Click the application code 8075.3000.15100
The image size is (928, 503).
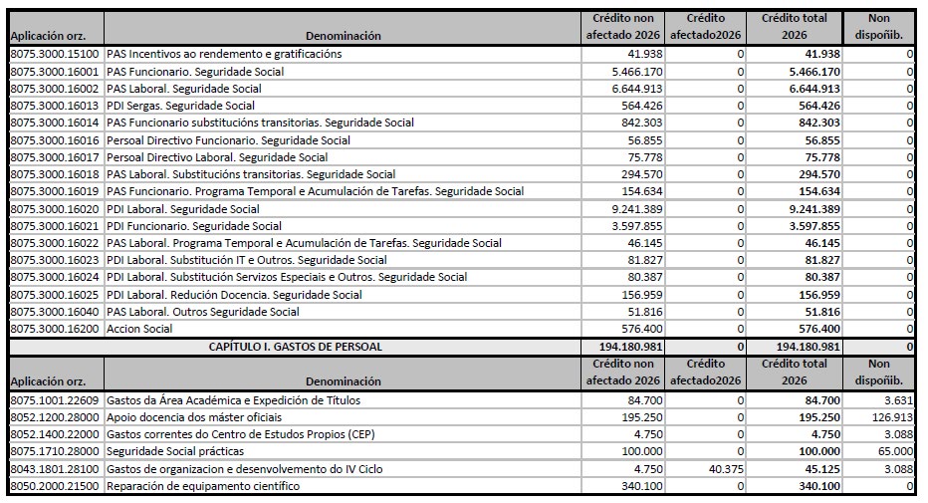click(54, 54)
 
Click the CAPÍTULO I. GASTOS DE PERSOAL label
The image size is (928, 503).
click(296, 347)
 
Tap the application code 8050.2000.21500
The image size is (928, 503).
click(54, 485)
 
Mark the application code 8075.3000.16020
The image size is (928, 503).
click(54, 209)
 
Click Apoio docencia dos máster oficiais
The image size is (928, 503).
click(193, 416)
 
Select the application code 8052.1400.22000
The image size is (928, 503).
click(54, 433)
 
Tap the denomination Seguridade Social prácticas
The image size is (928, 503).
click(177, 451)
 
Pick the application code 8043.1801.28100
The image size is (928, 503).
click(54, 468)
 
